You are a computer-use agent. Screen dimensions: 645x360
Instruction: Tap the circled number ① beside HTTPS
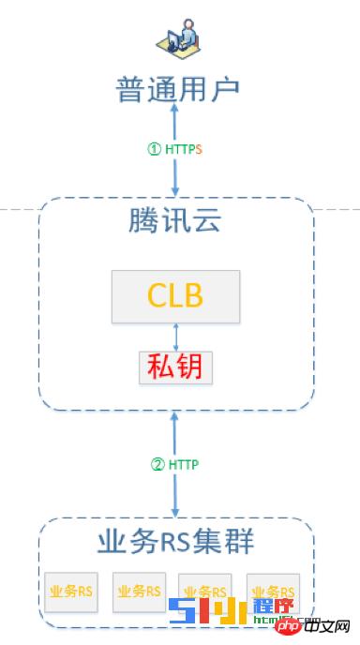pos(156,148)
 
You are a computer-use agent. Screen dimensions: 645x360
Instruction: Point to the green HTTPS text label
pos(183,148)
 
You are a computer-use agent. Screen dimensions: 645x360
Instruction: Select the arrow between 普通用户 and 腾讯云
pos(175,150)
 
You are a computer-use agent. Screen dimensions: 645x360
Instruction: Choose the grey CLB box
pos(175,296)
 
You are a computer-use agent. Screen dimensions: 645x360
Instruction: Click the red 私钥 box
pos(175,367)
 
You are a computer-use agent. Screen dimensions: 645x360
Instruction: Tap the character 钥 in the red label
pos(191,367)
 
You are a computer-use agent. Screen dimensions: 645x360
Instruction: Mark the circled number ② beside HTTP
pos(157,463)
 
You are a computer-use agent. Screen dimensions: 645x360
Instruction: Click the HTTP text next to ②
pos(184,463)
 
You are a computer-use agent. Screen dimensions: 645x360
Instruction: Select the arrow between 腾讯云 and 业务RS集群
pos(175,464)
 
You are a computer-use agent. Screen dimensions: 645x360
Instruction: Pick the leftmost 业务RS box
pos(71,592)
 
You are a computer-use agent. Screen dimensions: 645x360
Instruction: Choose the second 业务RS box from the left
pos(139,592)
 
